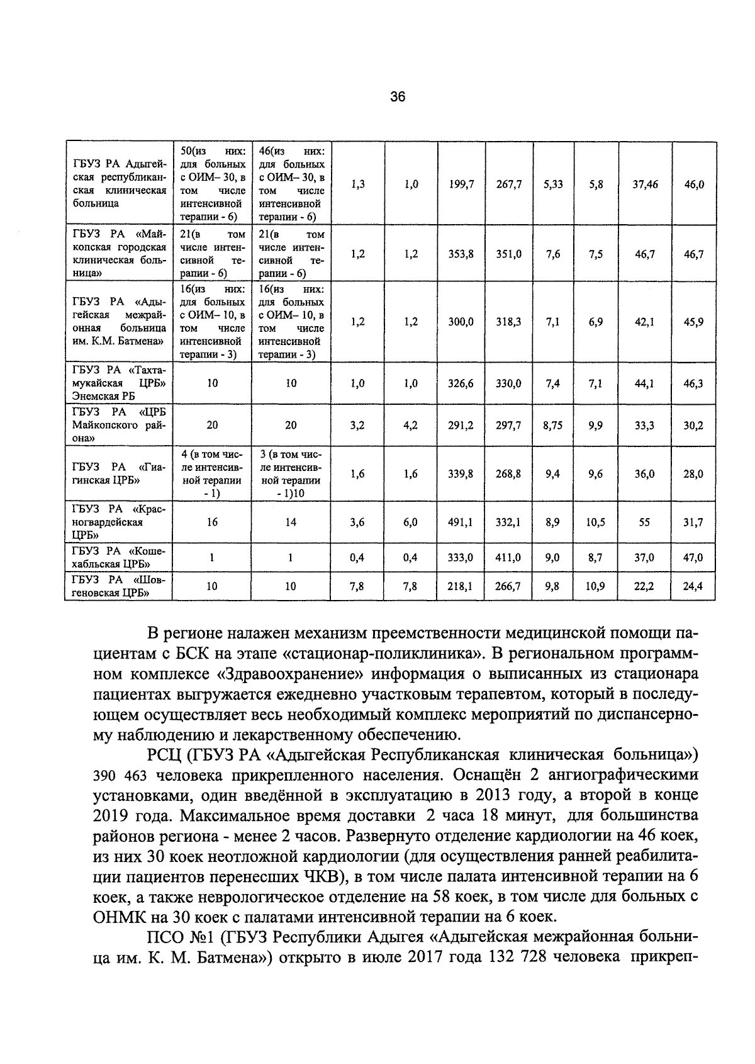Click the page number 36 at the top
[x=397, y=96]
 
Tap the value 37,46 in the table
[x=645, y=184]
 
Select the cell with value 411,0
[x=508, y=557]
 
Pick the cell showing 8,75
[x=552, y=425]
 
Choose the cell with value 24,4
[x=693, y=586]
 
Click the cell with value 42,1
[x=645, y=322]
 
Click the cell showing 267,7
[x=508, y=184]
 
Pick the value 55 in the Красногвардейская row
[x=645, y=522]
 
